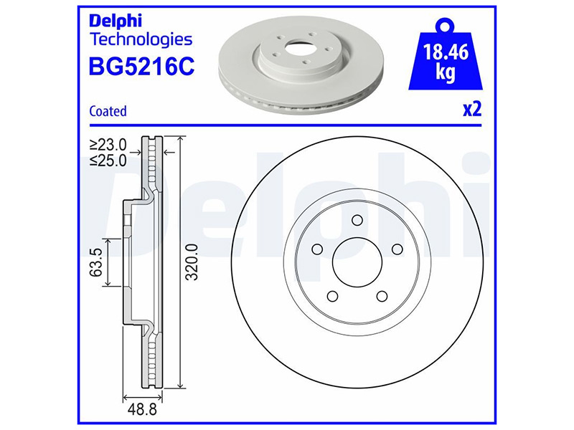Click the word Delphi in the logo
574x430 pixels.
click(x=116, y=21)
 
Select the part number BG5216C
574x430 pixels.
click(x=141, y=66)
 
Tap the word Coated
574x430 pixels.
click(x=108, y=111)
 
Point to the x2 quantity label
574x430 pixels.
click(x=472, y=110)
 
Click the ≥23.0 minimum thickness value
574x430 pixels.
click(x=108, y=145)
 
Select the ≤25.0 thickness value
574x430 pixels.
click(x=108, y=160)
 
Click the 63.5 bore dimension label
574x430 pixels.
click(x=96, y=262)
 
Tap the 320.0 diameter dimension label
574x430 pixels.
click(x=192, y=262)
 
